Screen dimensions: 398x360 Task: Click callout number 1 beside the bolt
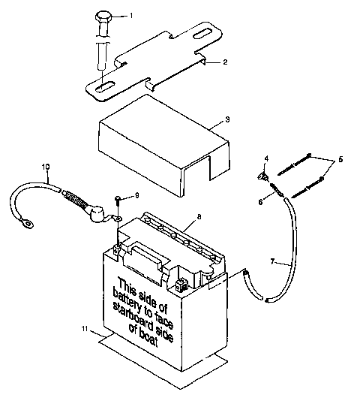132,15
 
